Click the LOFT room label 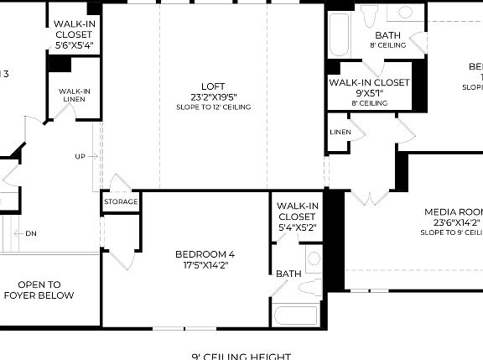[213, 86]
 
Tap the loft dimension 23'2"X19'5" [213, 97]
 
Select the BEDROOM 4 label [205, 254]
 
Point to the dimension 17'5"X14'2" [205, 265]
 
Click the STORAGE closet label [121, 202]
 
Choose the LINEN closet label [340, 133]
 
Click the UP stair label [80, 156]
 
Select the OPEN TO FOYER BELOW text [39, 290]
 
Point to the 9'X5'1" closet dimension [369, 93]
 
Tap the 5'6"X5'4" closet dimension [74, 45]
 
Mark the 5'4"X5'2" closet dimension [297, 227]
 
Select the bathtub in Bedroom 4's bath [294, 318]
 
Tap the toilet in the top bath [370, 15]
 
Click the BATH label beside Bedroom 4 [288, 274]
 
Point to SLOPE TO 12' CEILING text [213, 107]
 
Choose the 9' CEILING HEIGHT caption [241, 356]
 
